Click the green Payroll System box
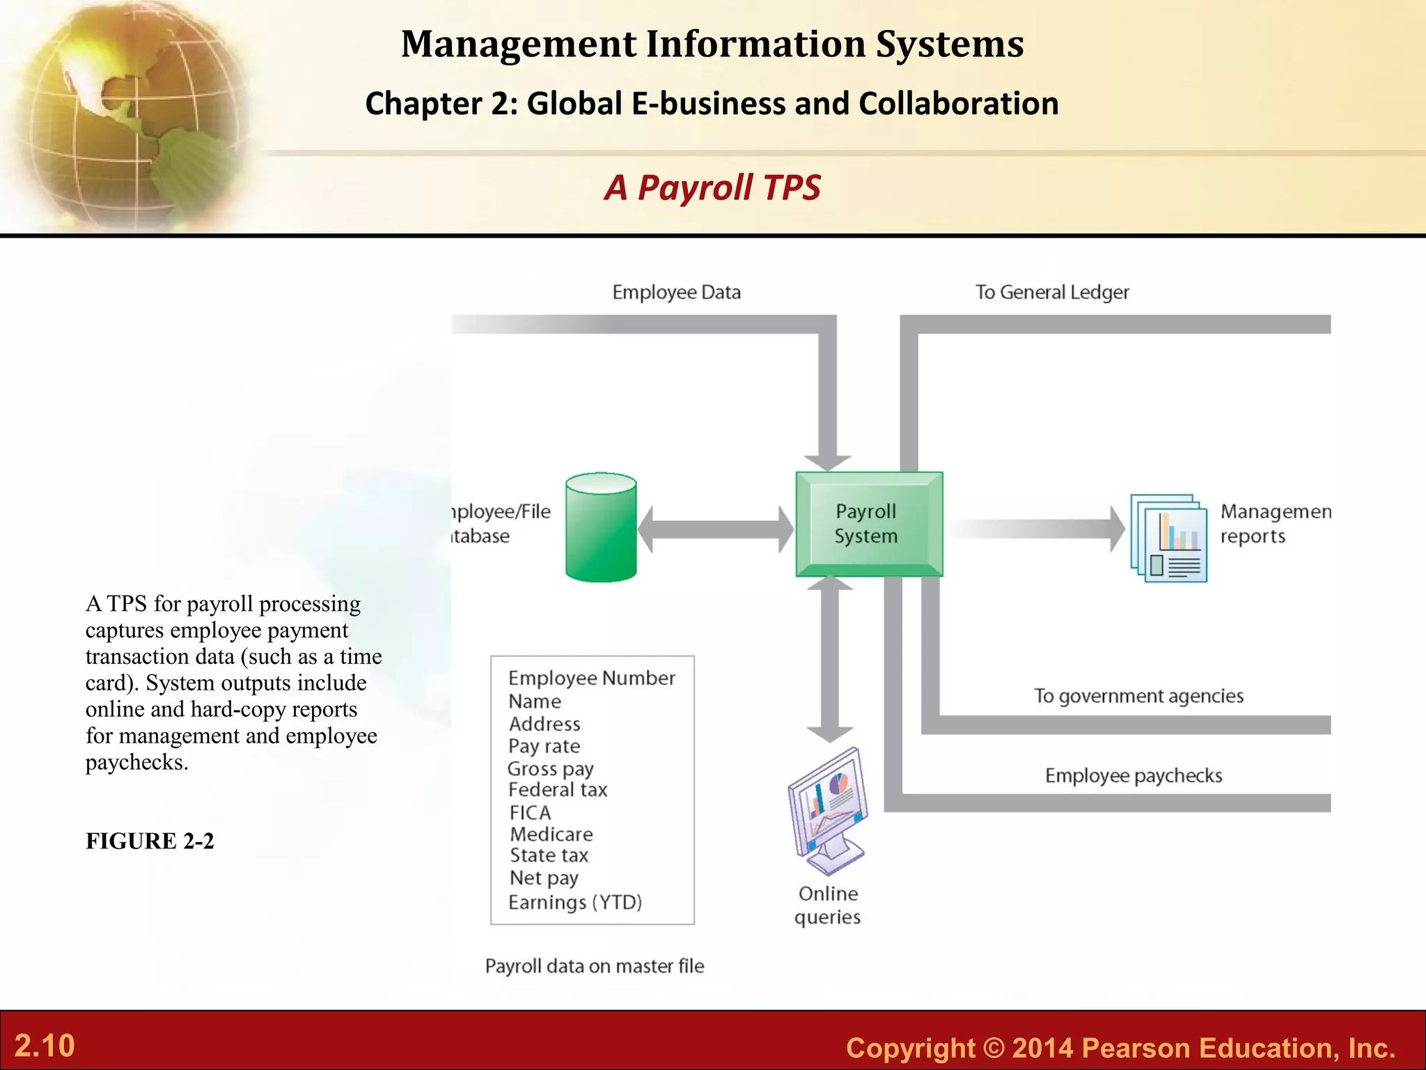[x=869, y=524]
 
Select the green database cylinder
[x=601, y=527]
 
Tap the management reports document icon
[x=1169, y=538]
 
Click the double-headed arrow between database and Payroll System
[x=715, y=529]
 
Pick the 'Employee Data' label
[x=676, y=293]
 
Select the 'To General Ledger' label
[x=1051, y=293]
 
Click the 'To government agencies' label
[x=1138, y=696]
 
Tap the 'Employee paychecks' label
[x=1134, y=776]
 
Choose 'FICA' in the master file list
[x=530, y=813]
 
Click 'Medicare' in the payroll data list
[x=551, y=835]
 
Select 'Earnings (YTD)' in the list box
[x=575, y=903]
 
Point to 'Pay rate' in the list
[x=544, y=747]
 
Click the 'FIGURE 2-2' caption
[x=150, y=842]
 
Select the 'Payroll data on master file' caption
[x=595, y=966]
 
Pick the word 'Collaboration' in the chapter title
[x=958, y=104]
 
